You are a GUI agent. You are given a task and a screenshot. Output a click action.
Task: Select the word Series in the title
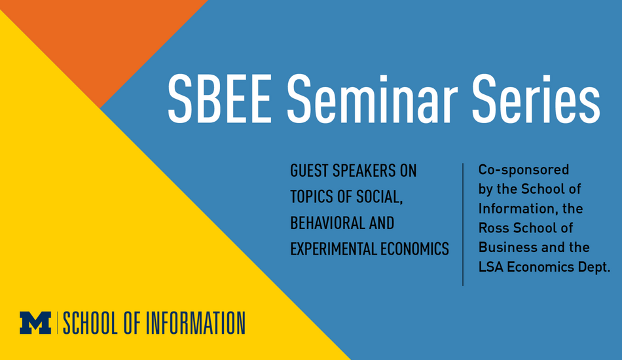536,99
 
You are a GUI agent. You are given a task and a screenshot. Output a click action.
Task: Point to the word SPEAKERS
364,171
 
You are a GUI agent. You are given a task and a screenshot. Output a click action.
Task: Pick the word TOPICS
312,197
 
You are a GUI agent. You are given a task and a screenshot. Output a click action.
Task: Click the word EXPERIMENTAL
333,249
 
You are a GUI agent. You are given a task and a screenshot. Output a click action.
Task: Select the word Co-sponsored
524,170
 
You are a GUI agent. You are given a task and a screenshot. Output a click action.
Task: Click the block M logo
35,323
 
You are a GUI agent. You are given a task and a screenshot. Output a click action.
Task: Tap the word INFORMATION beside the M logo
196,323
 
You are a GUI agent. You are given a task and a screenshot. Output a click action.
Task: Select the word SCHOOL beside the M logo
91,323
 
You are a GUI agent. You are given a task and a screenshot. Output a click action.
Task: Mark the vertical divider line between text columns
463,225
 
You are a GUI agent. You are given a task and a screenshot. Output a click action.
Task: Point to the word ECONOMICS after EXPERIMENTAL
414,249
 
